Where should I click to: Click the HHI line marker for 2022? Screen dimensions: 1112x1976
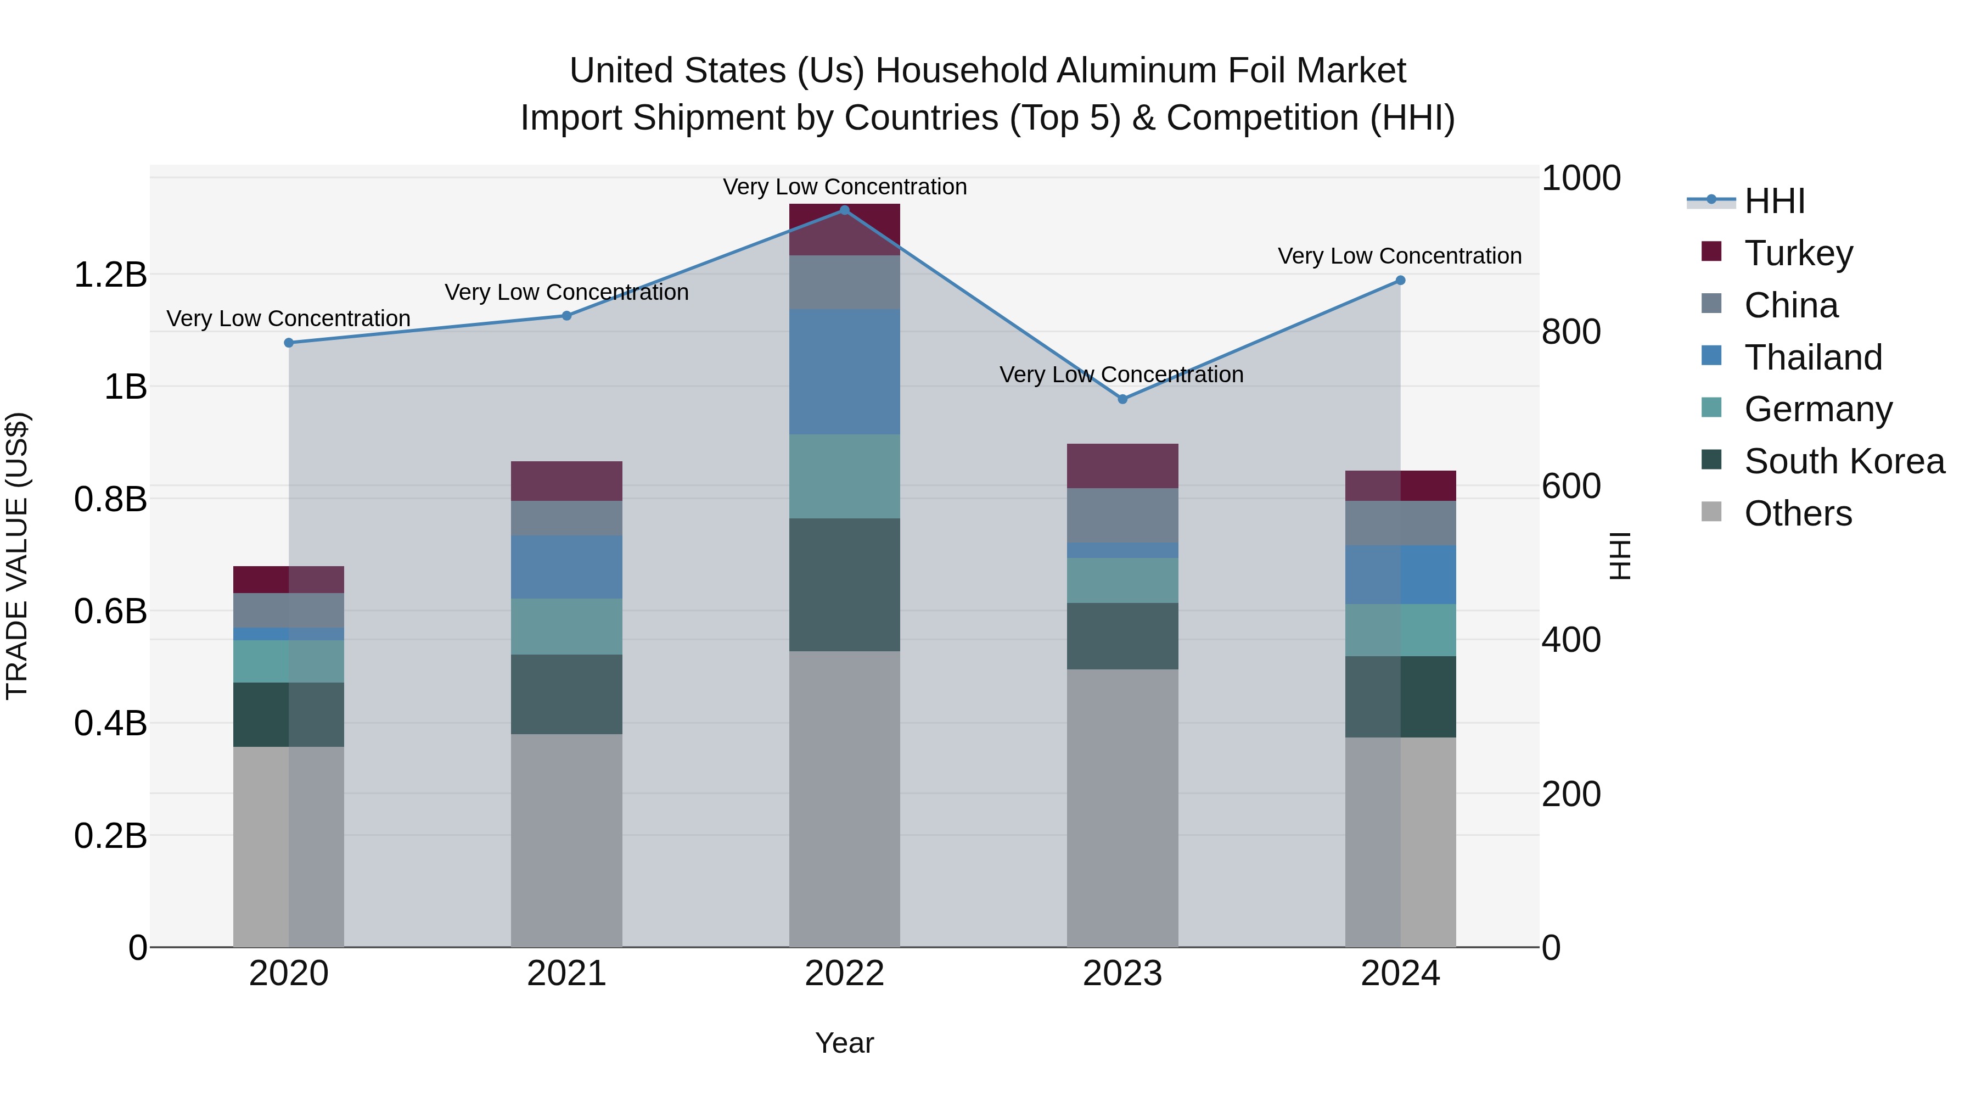pyautogui.click(x=845, y=210)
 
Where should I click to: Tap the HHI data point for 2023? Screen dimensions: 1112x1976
pyautogui.click(x=1122, y=399)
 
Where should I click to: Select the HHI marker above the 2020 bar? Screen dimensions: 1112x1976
pyautogui.click(x=288, y=343)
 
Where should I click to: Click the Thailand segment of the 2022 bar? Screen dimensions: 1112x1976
pyautogui.click(x=845, y=372)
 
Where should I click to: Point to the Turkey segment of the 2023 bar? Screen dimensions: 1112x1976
pyautogui.click(x=1122, y=466)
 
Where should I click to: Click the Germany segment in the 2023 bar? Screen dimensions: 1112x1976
pyautogui.click(x=1122, y=580)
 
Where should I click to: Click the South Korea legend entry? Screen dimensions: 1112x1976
pyautogui.click(x=1843, y=461)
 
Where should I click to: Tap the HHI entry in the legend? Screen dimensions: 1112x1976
pyautogui.click(x=1773, y=201)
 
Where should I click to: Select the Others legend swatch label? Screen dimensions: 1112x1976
pyautogui.click(x=1797, y=513)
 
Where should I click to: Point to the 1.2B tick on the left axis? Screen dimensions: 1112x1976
pyautogui.click(x=110, y=275)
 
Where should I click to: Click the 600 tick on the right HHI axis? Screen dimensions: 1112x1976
pyautogui.click(x=1570, y=486)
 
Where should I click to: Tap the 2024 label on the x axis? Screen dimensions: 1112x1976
pyautogui.click(x=1400, y=974)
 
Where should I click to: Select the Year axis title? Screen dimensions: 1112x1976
pyautogui.click(x=845, y=1043)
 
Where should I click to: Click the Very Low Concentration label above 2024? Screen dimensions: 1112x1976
pyautogui.click(x=1399, y=256)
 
